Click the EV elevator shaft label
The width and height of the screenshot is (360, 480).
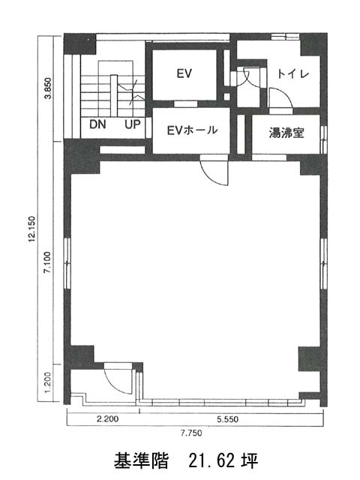coord(184,73)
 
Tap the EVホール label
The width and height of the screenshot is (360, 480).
coord(192,130)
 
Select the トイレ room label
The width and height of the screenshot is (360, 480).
coord(292,73)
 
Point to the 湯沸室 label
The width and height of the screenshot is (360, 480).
coord(286,133)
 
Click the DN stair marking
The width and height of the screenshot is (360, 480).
coord(97,124)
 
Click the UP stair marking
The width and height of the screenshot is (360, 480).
coord(133,124)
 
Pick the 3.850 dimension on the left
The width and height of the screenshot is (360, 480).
coord(48,88)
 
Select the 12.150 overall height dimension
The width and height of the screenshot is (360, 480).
coord(31,229)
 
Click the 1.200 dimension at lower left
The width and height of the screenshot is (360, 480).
coord(48,382)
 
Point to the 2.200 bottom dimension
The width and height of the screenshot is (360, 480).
coord(107,418)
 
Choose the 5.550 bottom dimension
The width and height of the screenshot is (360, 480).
coord(227,419)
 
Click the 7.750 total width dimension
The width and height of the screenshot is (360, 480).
coord(191,433)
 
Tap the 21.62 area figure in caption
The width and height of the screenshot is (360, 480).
coord(213,460)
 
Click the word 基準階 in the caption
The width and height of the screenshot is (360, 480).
coord(141,460)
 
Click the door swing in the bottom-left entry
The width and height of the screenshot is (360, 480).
coord(113,382)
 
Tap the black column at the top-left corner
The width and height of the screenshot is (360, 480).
coord(80,43)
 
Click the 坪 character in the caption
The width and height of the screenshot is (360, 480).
coord(250,460)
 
